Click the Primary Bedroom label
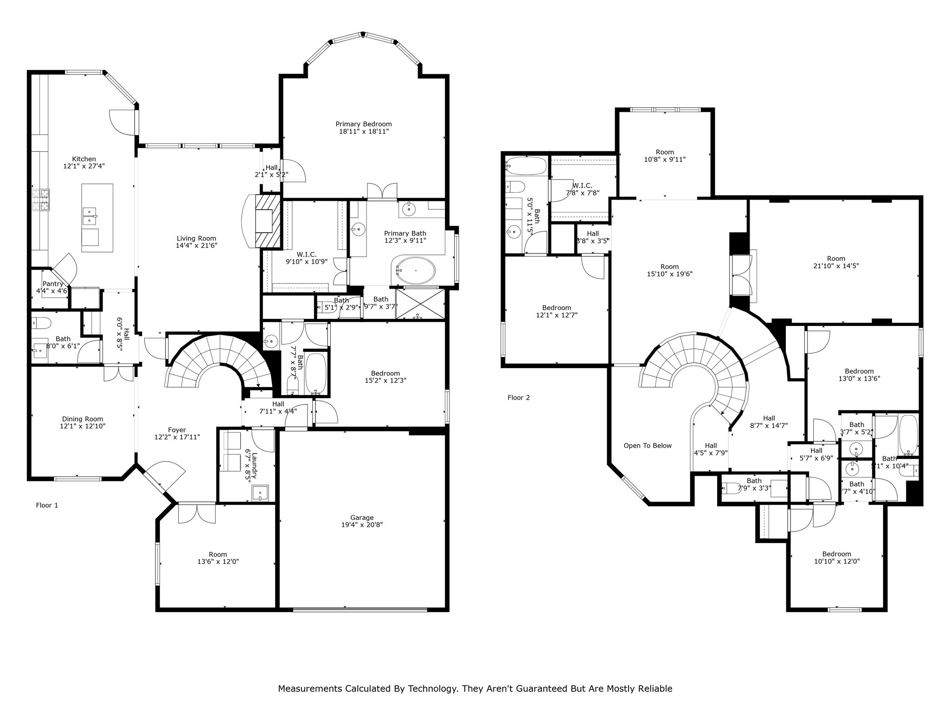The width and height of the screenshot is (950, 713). coord(364,124)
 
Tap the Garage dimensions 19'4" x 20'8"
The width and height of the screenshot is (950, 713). coord(362,525)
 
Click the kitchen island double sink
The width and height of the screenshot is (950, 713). coord(90,216)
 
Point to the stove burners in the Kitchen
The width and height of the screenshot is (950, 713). coord(41,200)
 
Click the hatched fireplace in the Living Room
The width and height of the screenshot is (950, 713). coord(268,221)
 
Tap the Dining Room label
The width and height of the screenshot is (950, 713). coord(83,419)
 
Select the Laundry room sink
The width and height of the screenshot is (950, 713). coord(260,493)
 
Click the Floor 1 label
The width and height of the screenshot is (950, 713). coord(47,505)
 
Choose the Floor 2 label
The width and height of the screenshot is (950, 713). coord(519,397)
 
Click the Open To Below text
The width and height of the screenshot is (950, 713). coord(648,446)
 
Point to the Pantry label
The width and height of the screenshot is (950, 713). coord(52,284)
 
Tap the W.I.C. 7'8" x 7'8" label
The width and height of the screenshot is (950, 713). coord(582,189)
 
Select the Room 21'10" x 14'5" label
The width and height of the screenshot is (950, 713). coord(836,262)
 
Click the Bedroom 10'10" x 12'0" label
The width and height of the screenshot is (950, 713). coord(837,557)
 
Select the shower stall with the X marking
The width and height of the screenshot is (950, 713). coord(420,304)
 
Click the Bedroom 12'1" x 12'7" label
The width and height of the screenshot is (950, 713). coord(557,311)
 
